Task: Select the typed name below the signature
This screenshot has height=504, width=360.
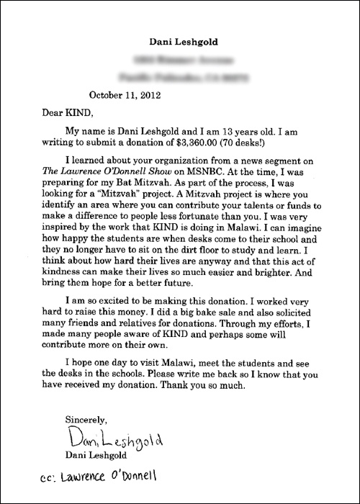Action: (x=99, y=455)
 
